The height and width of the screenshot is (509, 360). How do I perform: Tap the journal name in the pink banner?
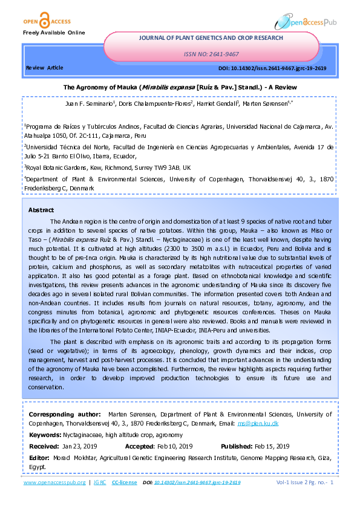click(211, 37)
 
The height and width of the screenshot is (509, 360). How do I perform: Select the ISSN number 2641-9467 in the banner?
click(211, 54)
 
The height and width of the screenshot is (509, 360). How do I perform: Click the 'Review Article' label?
click(44, 68)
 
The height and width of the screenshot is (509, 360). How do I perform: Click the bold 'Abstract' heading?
click(41, 210)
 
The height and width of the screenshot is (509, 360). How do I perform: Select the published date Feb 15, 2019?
click(273, 446)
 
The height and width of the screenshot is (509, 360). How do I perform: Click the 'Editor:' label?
click(40, 458)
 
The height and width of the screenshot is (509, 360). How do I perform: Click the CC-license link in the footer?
click(125, 482)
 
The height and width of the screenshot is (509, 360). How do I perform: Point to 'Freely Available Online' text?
click(54, 32)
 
